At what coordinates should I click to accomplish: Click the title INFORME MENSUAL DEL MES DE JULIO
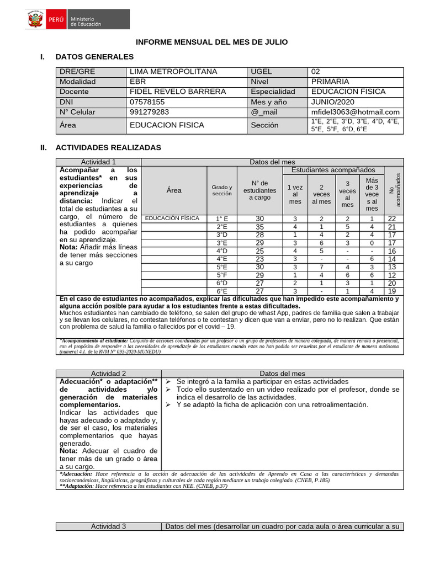click(x=212, y=42)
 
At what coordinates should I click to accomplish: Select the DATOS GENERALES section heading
click(x=94, y=56)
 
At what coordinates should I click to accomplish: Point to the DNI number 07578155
click(x=146, y=102)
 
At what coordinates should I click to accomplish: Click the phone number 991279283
click(x=149, y=112)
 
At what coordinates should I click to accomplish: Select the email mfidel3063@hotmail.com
click(x=355, y=112)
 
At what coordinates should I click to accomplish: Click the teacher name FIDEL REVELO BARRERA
click(x=177, y=92)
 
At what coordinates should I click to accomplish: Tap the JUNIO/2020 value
click(x=332, y=102)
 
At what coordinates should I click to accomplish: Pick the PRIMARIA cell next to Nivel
click(x=330, y=82)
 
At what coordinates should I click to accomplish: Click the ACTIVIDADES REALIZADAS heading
click(x=108, y=148)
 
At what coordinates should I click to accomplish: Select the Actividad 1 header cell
click(x=98, y=162)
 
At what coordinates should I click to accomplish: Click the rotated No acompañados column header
click(x=393, y=190)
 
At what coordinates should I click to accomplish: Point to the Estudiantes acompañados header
click(x=333, y=170)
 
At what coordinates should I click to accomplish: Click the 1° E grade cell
click(x=222, y=219)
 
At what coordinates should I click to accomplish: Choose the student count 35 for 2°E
click(x=259, y=227)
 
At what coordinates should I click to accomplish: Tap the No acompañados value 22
click(x=392, y=219)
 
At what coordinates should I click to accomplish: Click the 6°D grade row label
click(x=222, y=283)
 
